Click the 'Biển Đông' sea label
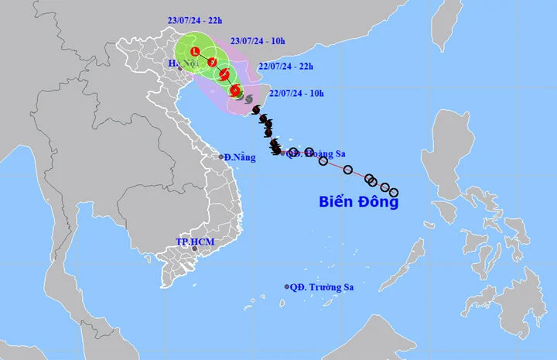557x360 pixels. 359,202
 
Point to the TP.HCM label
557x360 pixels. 194,242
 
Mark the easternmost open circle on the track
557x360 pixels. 393,192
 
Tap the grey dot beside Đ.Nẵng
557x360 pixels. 220,157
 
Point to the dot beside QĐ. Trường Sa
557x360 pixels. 287,286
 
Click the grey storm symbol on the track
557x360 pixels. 248,99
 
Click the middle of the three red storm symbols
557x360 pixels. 224,74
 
